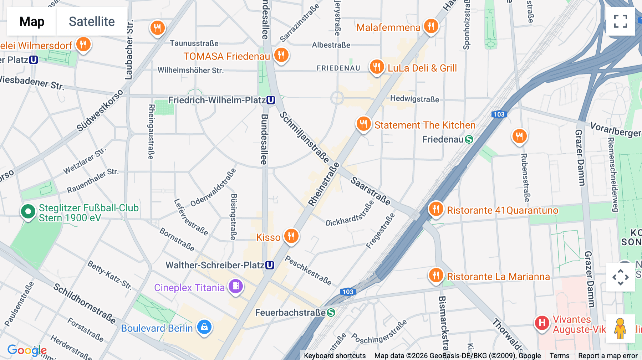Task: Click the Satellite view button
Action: pyautogui.click(x=92, y=21)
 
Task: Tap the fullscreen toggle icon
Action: pyautogui.click(x=620, y=21)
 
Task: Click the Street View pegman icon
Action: pyautogui.click(x=620, y=328)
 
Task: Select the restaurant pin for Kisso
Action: pyautogui.click(x=291, y=236)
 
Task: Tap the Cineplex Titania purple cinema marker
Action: pyautogui.click(x=235, y=286)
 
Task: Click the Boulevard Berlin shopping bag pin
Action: pyautogui.click(x=204, y=327)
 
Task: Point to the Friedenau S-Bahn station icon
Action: pyautogui.click(x=469, y=139)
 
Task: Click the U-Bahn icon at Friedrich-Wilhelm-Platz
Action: pyautogui.click(x=271, y=100)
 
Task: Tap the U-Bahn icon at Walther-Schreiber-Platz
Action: pyautogui.click(x=270, y=265)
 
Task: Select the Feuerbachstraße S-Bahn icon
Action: pyautogui.click(x=331, y=313)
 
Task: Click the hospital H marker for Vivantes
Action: pyautogui.click(x=542, y=323)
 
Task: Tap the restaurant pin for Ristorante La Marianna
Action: pyautogui.click(x=436, y=276)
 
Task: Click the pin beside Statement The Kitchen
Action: pyautogui.click(x=363, y=124)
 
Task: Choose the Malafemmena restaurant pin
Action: pyautogui.click(x=431, y=26)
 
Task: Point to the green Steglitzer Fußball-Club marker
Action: pyautogui.click(x=28, y=212)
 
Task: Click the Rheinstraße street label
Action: pyautogui.click(x=324, y=185)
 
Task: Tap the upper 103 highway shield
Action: pyautogui.click(x=499, y=114)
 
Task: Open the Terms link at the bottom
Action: pyautogui.click(x=559, y=356)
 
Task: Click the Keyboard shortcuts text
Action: pyautogui.click(x=335, y=356)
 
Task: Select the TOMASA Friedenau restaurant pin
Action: pyautogui.click(x=281, y=56)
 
